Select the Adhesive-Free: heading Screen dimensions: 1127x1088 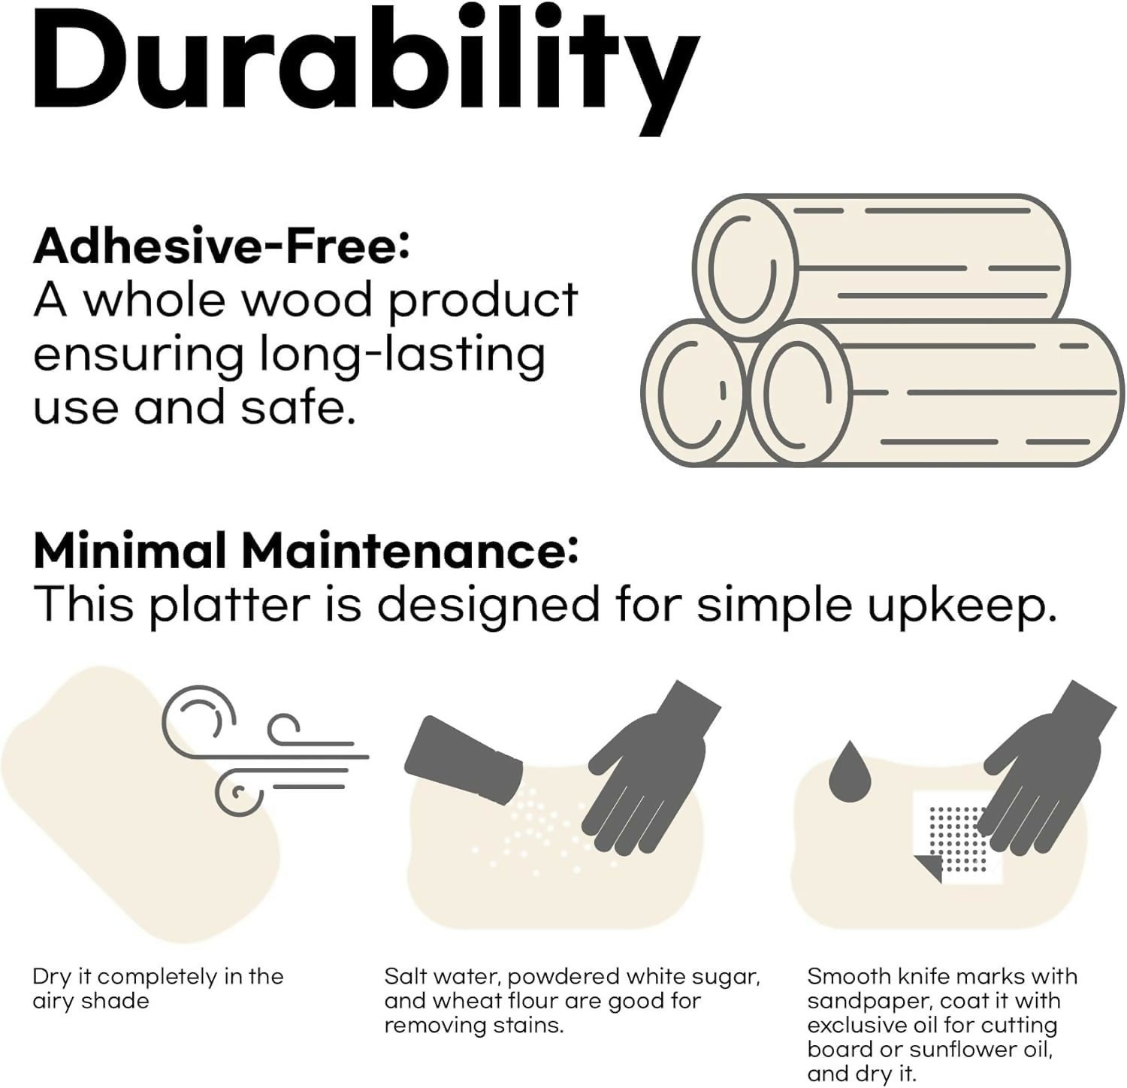coord(222,245)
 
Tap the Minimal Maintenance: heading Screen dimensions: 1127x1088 coord(306,550)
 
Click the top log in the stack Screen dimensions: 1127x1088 coord(881,258)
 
